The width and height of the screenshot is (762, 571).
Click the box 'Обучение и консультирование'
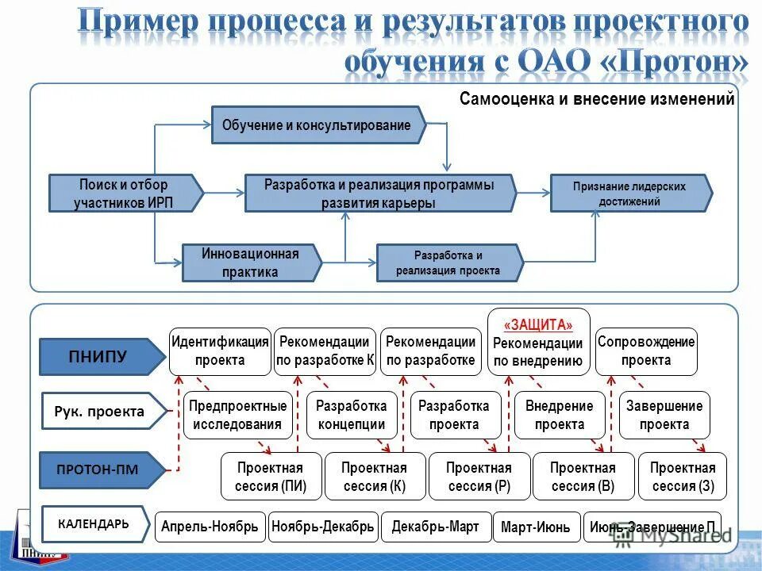[x=317, y=125]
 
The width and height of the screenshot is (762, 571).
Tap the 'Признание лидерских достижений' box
[x=629, y=194]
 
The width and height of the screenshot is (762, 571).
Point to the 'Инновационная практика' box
[x=250, y=263]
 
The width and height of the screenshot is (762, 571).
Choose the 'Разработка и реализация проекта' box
[x=448, y=263]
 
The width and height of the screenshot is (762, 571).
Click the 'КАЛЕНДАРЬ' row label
[x=93, y=523]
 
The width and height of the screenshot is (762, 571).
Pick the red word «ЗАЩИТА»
[x=538, y=325]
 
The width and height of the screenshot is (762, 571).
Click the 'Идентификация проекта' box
[x=220, y=351]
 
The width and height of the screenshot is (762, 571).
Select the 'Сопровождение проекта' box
[x=646, y=351]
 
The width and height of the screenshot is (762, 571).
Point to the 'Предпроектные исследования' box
[x=237, y=415]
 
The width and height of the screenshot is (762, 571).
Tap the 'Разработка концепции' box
[x=351, y=415]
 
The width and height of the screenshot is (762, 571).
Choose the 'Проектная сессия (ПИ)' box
[x=271, y=477]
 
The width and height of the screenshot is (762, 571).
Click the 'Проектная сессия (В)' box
[x=583, y=477]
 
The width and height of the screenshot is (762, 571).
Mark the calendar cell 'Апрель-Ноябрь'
[x=210, y=527]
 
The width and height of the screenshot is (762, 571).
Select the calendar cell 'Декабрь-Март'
[x=435, y=527]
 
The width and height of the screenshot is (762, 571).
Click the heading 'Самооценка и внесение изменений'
[x=597, y=99]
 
